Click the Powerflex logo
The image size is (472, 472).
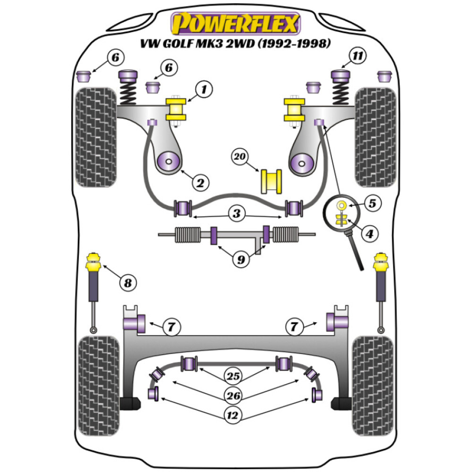point(236,24)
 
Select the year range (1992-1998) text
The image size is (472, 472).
point(285,43)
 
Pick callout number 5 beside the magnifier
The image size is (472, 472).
point(372,204)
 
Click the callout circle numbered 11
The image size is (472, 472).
point(358,57)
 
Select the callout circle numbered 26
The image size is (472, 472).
point(235,395)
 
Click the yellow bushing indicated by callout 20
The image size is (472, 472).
point(271,180)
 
